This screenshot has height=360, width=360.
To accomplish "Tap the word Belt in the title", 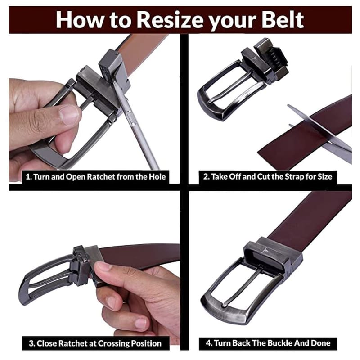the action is click(x=283, y=20).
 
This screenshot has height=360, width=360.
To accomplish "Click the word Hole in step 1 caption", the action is click(x=157, y=177).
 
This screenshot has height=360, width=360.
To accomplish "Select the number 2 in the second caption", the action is click(x=206, y=176).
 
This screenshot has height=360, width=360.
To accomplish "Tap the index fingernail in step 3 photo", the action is click(x=103, y=266).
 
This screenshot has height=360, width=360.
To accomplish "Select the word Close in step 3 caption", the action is click(x=47, y=343).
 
